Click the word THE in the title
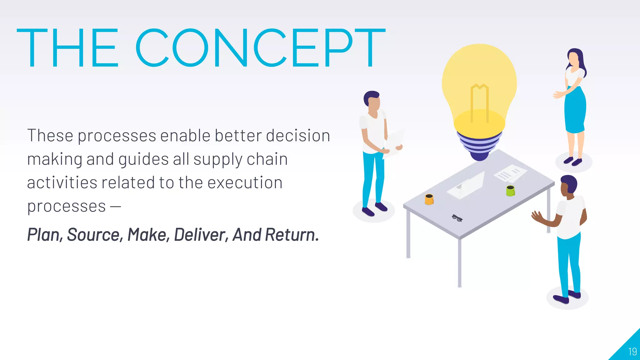[67, 47]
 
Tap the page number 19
[632, 352]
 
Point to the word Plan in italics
[43, 235]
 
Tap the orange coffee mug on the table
[429, 199]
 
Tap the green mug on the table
[510, 190]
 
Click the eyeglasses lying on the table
[457, 218]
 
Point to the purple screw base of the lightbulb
[479, 145]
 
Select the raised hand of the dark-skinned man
[537, 216]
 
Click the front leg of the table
[459, 262]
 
